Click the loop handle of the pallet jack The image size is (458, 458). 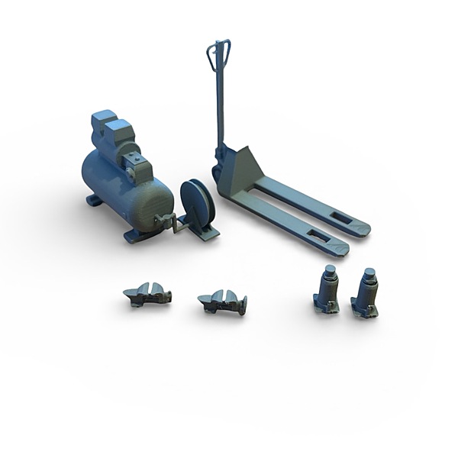click(218, 54)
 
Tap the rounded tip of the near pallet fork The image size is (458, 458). click(341, 248)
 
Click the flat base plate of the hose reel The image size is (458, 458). click(202, 231)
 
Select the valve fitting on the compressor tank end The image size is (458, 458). click(164, 221)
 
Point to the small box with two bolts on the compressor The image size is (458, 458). click(137, 166)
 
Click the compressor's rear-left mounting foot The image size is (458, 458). click(94, 200)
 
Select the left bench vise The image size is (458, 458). click(148, 294)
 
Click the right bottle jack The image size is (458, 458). click(366, 294)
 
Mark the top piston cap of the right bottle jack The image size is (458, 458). click(369, 273)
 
